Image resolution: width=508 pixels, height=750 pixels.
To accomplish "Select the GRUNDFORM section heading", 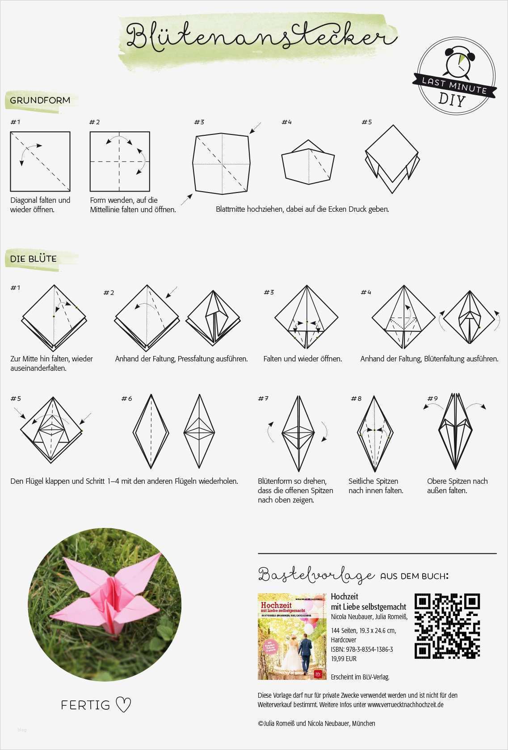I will coord(40,100).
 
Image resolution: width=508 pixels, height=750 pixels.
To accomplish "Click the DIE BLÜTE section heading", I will coord(34,259).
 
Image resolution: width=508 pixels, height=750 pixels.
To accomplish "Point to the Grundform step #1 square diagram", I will coord(40,161).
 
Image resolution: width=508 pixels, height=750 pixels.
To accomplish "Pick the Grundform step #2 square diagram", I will coord(120,161).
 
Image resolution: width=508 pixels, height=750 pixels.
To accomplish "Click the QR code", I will coord(447,626).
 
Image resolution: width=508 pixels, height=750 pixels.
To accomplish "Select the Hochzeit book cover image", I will coord(292,637).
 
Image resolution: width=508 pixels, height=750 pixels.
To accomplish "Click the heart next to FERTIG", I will coord(123,704).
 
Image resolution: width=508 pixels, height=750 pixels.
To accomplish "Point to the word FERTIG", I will coord(85,705).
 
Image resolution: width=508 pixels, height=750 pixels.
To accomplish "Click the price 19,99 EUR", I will coord(344,658).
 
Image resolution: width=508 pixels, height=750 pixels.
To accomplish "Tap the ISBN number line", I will coord(362,649).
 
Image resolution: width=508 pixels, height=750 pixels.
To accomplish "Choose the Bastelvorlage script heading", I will coord(316,575).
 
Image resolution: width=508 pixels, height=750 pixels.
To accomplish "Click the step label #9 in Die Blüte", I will coord(432,398).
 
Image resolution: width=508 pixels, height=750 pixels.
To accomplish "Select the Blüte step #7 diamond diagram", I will coord(298,433).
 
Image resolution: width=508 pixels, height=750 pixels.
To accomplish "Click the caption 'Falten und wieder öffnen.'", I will coord(302,359).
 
